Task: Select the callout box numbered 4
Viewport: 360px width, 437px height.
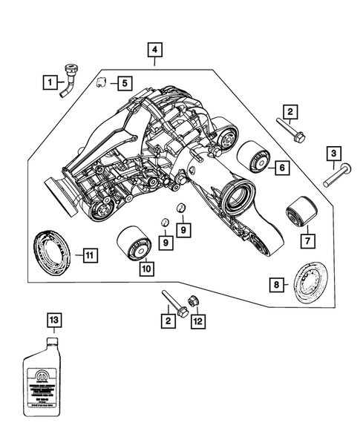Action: tap(154, 50)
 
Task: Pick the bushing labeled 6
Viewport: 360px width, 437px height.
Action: tap(252, 158)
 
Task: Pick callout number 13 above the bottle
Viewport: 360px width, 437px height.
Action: tap(51, 321)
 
